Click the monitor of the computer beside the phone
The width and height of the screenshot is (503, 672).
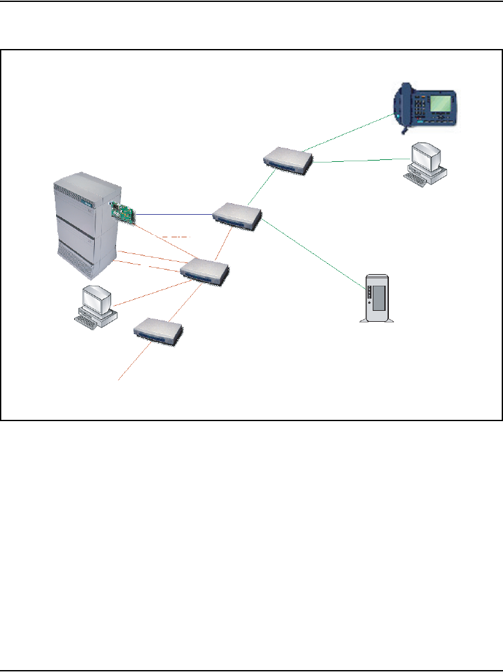426,156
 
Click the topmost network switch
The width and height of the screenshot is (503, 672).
288,159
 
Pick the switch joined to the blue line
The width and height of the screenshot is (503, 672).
237,215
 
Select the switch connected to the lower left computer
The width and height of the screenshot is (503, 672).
204,271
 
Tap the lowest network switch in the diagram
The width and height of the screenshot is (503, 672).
158,329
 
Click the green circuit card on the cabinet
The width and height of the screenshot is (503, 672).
125,213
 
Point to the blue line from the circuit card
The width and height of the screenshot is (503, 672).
174,214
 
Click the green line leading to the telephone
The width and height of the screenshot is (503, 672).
348,133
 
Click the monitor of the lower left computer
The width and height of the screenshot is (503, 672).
96,298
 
